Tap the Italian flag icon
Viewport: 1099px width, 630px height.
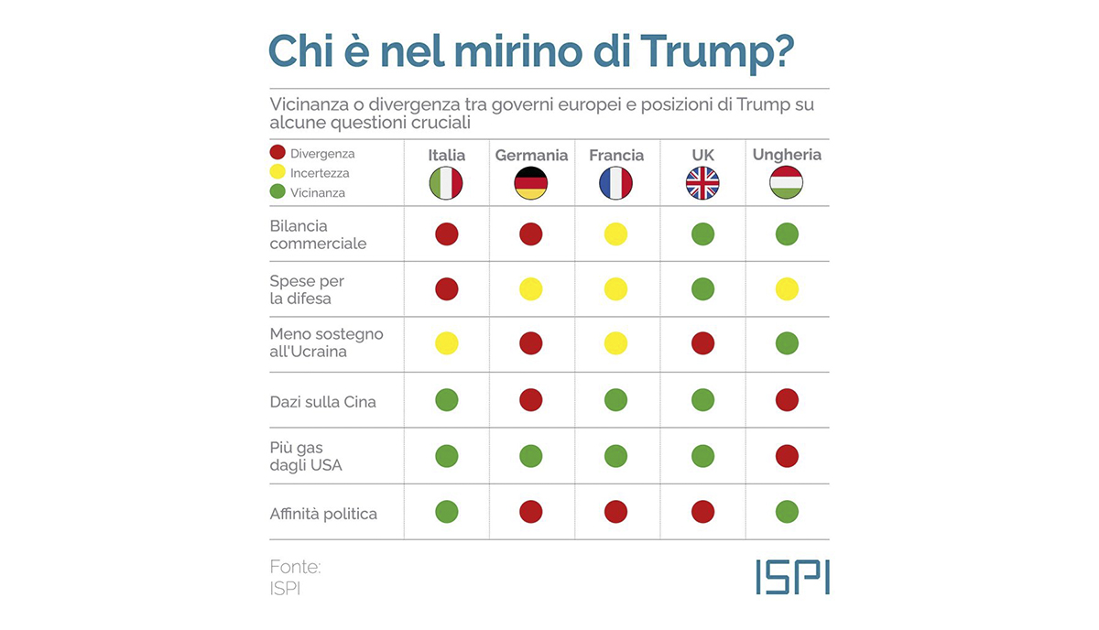[x=446, y=183]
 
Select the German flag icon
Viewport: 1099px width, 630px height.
[x=531, y=183]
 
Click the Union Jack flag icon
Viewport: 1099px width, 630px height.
[x=702, y=183]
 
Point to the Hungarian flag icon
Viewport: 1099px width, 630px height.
[x=787, y=182]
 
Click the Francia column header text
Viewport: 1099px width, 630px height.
[x=616, y=155]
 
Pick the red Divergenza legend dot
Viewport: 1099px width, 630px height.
[x=277, y=152]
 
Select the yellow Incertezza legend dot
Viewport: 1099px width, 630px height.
[x=277, y=172]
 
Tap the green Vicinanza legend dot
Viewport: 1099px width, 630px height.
[x=277, y=191]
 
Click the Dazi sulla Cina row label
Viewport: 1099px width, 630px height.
[x=322, y=402]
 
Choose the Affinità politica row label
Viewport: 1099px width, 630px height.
[x=323, y=514]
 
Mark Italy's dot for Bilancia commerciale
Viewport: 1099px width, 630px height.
[x=447, y=234]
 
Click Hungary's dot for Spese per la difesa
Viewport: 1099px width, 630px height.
[x=787, y=289]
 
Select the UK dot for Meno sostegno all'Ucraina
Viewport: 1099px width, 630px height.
[x=702, y=343]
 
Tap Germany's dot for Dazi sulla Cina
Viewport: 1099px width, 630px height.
[x=531, y=400]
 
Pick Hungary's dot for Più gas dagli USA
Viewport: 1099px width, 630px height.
[x=787, y=456]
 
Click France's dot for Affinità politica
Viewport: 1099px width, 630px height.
[x=615, y=512]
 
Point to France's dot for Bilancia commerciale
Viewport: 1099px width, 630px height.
[x=615, y=234]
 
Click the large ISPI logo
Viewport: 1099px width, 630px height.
[x=793, y=577]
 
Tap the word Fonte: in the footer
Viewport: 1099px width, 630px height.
[x=295, y=567]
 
